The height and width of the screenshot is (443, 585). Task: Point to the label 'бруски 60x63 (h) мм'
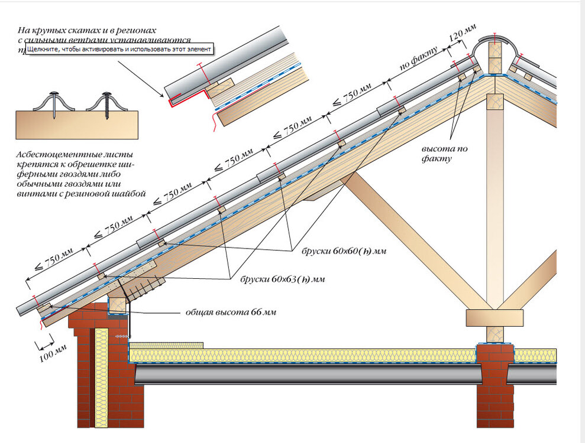click(x=283, y=278)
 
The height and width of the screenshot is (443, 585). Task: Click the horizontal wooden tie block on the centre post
click(x=494, y=318)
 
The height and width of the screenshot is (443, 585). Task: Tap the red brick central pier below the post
click(x=495, y=384)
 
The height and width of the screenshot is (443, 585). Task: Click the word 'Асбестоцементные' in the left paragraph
click(x=47, y=155)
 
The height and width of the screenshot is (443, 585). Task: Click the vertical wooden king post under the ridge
click(x=494, y=201)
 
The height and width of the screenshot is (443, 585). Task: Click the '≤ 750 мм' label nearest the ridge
click(x=351, y=95)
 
